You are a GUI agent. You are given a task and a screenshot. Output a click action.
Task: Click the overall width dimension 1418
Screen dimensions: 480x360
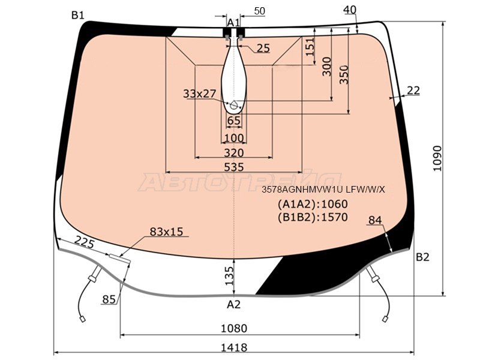233,347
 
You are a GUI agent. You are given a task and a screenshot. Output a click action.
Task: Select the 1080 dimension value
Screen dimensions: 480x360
234,328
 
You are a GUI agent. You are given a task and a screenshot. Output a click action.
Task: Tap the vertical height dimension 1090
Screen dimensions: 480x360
438,158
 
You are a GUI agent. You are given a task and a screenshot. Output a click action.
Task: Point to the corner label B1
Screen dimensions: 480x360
78,15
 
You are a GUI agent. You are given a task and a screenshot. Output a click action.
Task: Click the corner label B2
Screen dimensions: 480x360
423,257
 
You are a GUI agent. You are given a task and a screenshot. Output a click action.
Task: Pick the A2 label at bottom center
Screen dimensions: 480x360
233,304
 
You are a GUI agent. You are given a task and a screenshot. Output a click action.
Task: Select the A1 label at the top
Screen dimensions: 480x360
233,22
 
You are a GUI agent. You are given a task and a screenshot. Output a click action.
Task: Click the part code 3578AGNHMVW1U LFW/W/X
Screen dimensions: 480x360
323,190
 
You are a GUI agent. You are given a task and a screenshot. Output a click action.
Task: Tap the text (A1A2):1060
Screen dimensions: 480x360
313,204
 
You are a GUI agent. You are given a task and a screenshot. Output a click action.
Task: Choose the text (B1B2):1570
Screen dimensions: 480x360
313,217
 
